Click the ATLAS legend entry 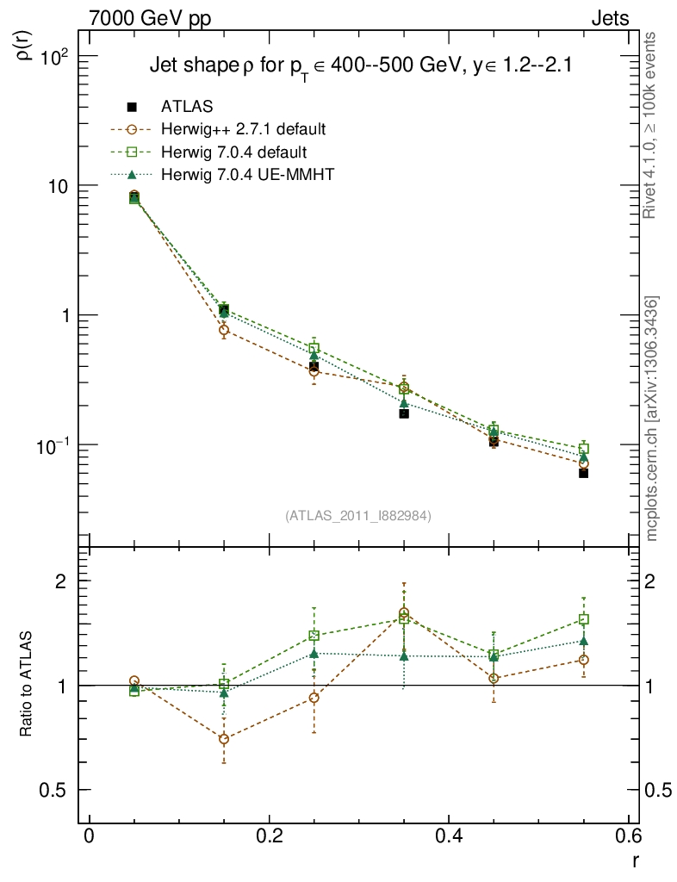point(188,107)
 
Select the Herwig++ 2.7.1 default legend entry point(243,130)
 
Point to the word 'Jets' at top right point(609,18)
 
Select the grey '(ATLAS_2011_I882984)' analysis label point(358,516)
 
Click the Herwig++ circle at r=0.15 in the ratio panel point(224,739)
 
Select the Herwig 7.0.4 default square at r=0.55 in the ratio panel point(583,619)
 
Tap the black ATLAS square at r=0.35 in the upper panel point(403,413)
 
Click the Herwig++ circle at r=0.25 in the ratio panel point(314,698)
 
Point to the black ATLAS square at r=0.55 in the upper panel point(583,473)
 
